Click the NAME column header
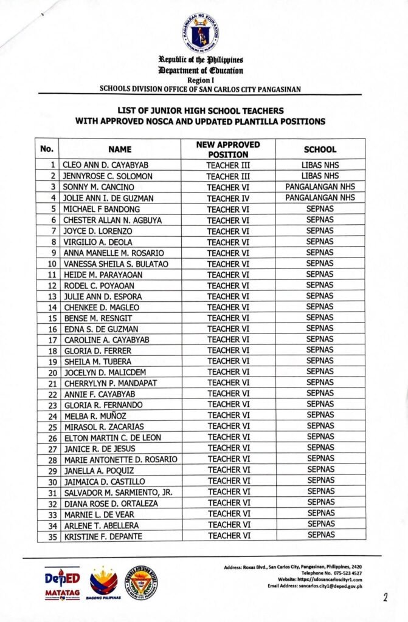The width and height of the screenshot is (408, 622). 120,149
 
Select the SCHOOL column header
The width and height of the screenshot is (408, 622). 320,149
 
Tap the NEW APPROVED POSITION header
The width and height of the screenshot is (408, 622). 228,149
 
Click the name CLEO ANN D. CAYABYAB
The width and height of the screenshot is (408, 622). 106,165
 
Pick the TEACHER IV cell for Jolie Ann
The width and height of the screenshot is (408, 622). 228,198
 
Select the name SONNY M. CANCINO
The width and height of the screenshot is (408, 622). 100,187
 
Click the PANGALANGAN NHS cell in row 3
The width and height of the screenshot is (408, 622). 320,186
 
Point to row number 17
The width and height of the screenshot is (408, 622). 52,340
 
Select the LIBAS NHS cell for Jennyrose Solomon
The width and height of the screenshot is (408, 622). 320,176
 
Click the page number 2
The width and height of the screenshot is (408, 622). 385,596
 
